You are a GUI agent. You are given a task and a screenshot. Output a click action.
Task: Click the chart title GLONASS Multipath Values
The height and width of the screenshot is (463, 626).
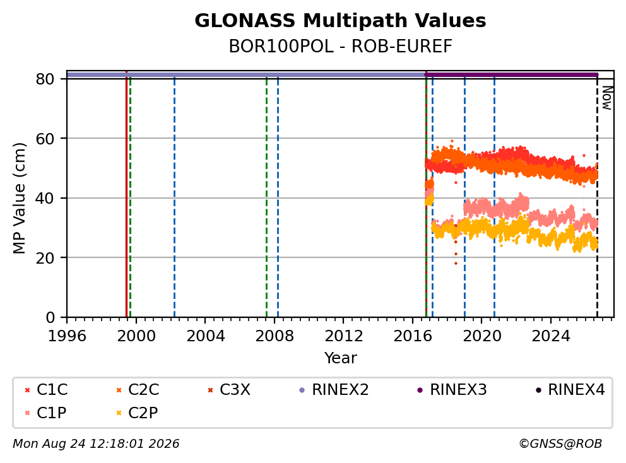[340, 21]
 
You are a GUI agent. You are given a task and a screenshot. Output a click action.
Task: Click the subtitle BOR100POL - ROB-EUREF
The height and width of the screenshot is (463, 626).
[340, 46]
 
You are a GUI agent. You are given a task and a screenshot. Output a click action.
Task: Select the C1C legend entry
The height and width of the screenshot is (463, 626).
[46, 390]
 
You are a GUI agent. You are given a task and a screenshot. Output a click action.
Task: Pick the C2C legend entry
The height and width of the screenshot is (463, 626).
[138, 390]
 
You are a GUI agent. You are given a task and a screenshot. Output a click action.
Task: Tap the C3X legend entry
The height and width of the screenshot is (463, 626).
[229, 390]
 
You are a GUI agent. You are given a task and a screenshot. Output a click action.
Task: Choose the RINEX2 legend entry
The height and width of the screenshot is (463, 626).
[334, 390]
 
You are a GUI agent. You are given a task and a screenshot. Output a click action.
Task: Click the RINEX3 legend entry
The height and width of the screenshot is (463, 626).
[452, 390]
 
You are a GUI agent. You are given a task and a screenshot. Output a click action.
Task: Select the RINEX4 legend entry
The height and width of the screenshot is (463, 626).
[570, 390]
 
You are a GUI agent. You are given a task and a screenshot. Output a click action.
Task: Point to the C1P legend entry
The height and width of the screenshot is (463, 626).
[45, 413]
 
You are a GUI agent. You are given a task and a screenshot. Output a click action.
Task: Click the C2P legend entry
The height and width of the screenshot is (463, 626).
[137, 413]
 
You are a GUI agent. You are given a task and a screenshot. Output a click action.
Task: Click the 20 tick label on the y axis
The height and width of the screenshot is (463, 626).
[45, 258]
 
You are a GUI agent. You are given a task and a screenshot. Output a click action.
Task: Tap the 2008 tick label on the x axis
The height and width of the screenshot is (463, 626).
[275, 336]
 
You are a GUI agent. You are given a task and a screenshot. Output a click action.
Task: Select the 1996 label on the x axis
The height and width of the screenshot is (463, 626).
[67, 336]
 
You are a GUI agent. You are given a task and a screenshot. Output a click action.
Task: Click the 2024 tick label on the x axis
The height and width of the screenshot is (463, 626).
[551, 336]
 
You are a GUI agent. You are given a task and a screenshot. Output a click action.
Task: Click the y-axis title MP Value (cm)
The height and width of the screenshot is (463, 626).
[19, 198]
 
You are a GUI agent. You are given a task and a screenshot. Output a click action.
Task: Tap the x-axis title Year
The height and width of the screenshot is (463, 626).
[341, 358]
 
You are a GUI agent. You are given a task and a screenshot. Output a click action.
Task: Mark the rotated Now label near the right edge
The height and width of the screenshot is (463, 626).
[607, 98]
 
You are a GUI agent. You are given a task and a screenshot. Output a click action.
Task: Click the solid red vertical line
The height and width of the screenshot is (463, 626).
[127, 194]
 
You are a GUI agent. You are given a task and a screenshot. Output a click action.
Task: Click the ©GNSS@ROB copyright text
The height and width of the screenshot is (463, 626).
[560, 443]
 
